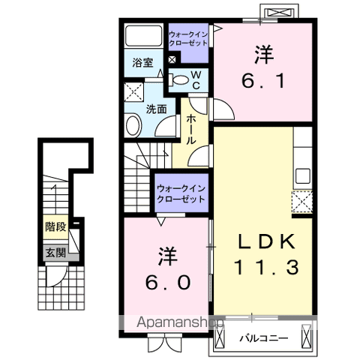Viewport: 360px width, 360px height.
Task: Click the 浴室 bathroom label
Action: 143,62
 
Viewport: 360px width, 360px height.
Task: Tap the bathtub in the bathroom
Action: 143,37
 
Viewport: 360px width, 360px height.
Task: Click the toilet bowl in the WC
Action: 180,79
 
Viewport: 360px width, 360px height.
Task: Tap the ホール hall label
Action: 191,129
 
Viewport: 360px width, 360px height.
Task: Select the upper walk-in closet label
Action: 190,37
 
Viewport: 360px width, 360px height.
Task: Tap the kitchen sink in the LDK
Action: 302,177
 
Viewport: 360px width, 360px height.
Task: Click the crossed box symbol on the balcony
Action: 307,336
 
